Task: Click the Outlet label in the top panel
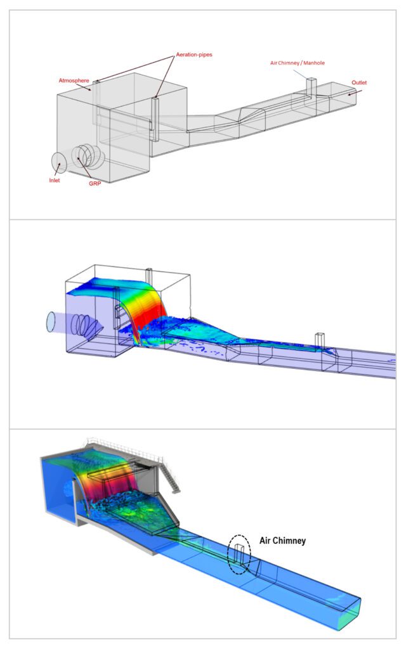tap(359, 82)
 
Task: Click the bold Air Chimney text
tap(282, 541)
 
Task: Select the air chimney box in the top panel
tap(311, 86)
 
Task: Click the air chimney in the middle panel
tap(321, 339)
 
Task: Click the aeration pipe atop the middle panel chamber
tap(150, 276)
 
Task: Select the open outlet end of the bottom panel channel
tap(351, 614)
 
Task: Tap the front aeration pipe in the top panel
tap(155, 118)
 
